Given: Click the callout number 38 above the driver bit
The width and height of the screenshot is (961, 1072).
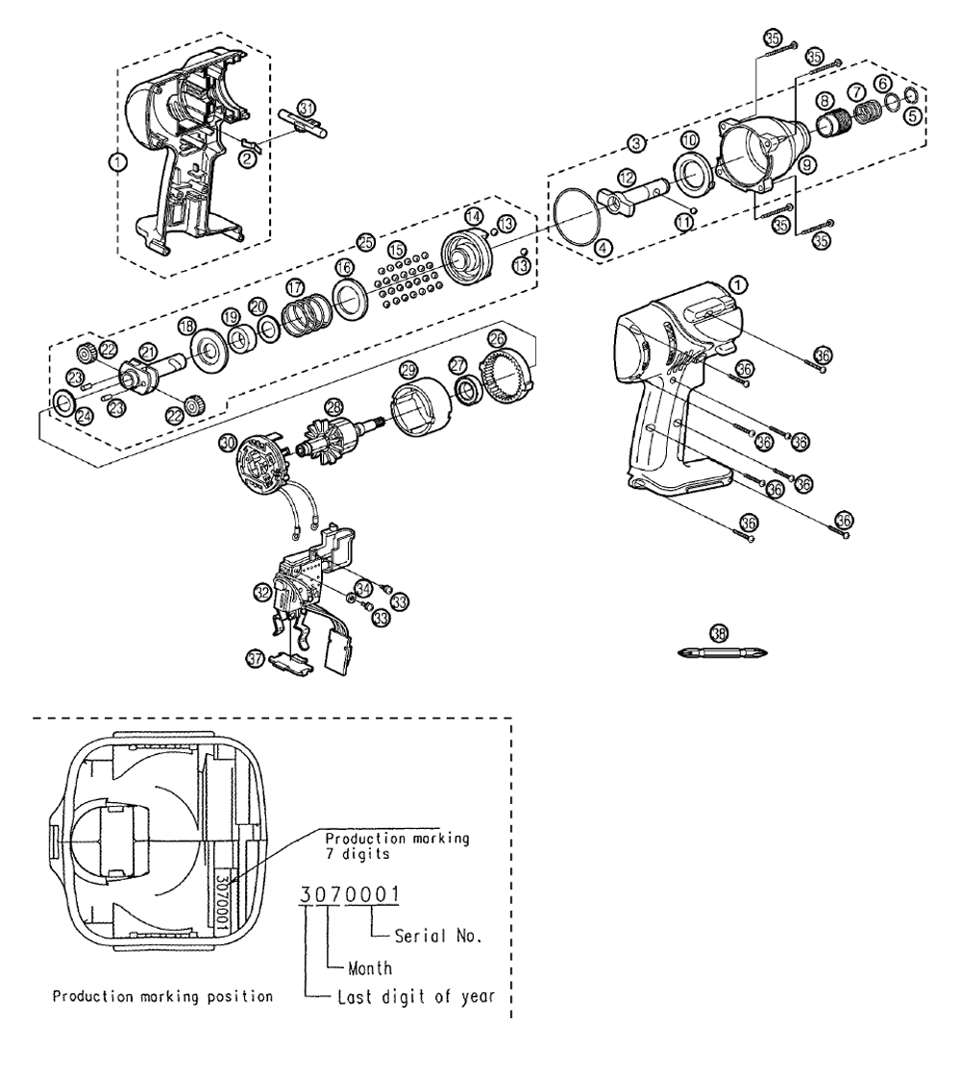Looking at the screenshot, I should (718, 631).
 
